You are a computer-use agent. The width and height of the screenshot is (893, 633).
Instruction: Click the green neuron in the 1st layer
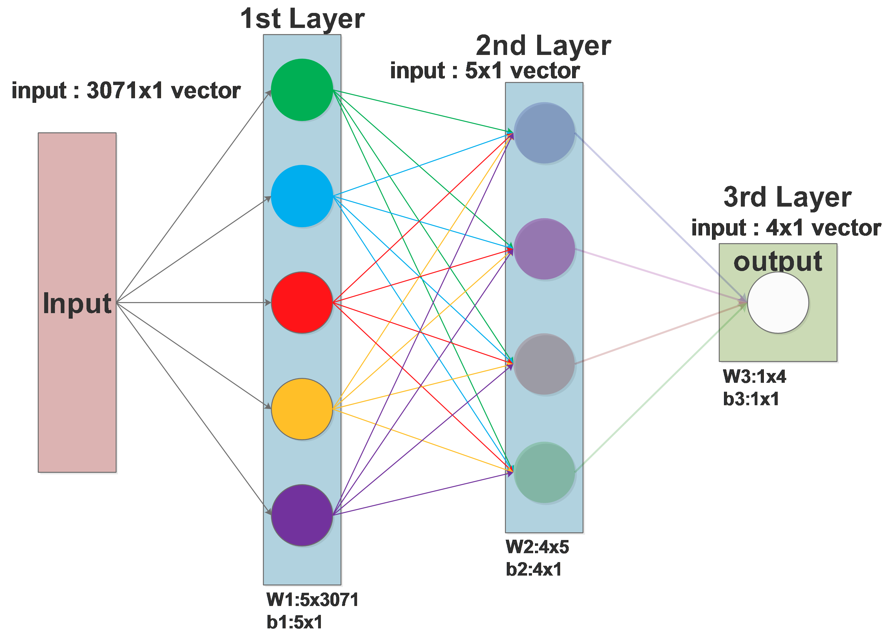[302, 90]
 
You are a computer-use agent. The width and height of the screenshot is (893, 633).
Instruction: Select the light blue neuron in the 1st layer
[302, 196]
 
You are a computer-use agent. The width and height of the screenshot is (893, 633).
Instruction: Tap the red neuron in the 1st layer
[302, 302]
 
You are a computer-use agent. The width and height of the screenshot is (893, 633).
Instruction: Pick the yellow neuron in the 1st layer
[302, 409]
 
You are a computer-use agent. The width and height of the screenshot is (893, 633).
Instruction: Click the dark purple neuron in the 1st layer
[302, 515]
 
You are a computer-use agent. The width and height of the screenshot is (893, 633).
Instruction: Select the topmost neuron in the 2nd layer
[545, 133]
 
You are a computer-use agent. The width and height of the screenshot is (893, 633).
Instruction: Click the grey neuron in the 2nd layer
[545, 364]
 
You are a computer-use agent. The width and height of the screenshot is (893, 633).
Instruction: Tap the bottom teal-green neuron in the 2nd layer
[545, 472]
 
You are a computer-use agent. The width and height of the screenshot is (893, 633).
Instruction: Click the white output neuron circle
[778, 302]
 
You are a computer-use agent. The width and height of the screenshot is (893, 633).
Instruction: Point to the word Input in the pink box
[77, 303]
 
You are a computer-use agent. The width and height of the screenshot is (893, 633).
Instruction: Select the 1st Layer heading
[302, 19]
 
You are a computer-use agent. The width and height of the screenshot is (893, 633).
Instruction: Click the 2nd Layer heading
[543, 46]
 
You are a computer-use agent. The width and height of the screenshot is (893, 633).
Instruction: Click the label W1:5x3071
[312, 600]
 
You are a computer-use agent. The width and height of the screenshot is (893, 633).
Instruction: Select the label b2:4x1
[533, 569]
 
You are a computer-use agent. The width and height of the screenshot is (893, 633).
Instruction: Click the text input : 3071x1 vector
[126, 91]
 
